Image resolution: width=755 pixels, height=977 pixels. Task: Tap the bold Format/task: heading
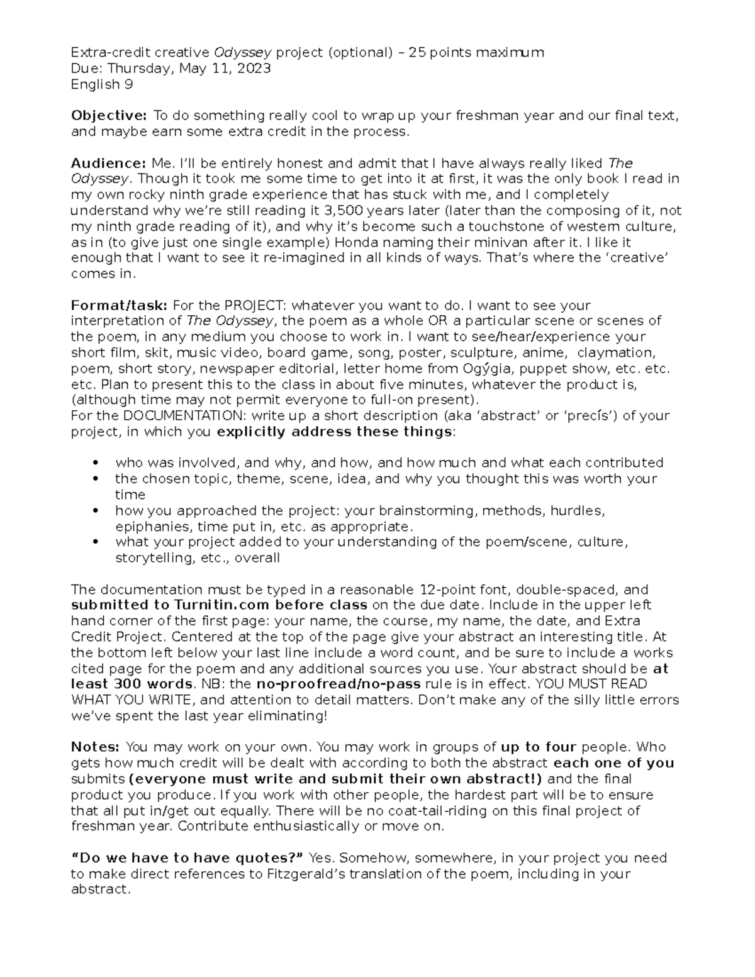(119, 306)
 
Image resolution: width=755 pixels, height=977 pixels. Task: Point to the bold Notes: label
(95, 747)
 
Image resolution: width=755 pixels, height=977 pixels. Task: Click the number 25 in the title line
(417, 52)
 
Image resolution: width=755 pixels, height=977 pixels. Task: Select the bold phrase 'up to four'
(539, 747)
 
